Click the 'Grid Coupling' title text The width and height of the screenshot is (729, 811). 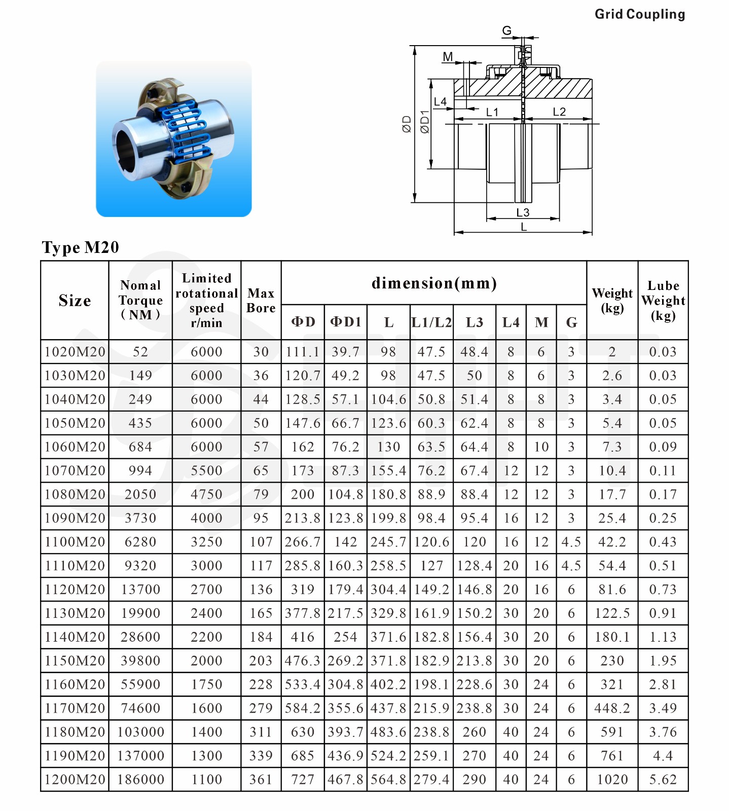point(639,14)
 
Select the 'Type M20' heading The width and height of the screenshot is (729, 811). point(80,247)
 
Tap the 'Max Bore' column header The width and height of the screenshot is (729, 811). point(261,301)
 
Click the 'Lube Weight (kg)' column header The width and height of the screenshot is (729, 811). point(663,301)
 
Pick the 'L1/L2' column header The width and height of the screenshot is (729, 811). point(431,322)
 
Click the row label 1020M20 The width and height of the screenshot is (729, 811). point(75,352)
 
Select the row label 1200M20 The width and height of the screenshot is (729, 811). point(75,780)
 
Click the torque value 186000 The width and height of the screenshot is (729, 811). point(140,780)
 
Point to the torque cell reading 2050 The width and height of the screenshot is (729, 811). point(140,494)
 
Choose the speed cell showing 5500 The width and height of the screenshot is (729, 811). point(206,470)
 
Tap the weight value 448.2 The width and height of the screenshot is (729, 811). point(612,708)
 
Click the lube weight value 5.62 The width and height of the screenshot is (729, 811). point(663,780)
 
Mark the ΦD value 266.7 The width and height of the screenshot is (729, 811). point(303,542)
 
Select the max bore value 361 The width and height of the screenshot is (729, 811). point(261,780)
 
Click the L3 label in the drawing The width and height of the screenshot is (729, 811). point(523,212)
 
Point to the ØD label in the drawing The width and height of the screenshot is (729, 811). point(407,124)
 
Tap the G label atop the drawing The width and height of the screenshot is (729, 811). point(506,31)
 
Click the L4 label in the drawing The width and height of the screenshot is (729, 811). point(440,102)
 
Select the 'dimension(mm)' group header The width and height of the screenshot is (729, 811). point(434,283)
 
